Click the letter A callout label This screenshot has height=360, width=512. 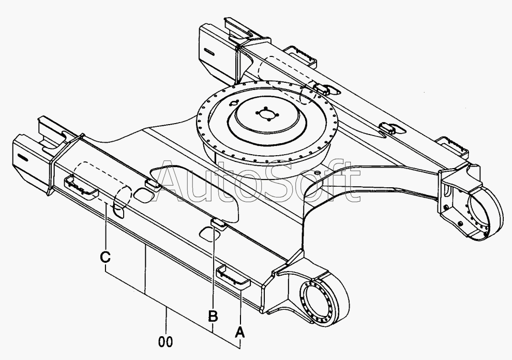(239, 332)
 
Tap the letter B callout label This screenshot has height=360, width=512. (213, 316)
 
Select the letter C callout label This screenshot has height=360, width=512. (105, 257)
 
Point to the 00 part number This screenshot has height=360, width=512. (165, 342)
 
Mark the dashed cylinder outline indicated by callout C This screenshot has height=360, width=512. (102, 185)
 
